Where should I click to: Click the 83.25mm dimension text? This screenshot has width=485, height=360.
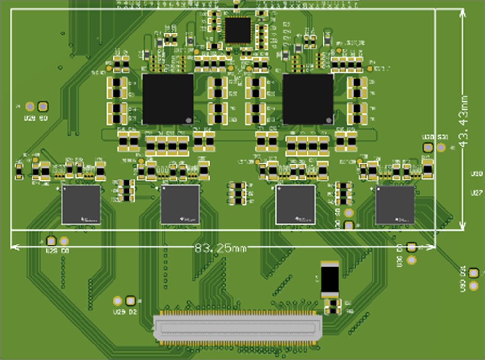[x=221, y=248]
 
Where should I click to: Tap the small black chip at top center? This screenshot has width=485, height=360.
[x=238, y=30]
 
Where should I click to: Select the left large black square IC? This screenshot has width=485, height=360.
[x=168, y=99]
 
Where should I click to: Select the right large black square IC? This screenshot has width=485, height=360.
[x=308, y=99]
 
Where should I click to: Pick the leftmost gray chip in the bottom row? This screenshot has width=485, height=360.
[x=81, y=204]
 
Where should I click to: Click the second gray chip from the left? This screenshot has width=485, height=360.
[x=180, y=204]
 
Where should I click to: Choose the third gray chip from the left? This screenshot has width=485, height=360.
[x=295, y=204]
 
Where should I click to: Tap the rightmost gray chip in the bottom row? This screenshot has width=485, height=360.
[x=395, y=205]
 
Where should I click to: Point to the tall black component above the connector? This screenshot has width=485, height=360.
[x=330, y=279]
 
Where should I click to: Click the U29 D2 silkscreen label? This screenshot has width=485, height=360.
[x=125, y=312]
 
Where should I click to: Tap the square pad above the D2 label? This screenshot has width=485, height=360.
[x=129, y=301]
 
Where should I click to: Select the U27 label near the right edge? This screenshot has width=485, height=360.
[x=477, y=193]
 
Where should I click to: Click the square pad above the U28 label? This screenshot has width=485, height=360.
[x=51, y=241]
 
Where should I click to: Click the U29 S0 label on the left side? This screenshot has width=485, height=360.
[x=36, y=118]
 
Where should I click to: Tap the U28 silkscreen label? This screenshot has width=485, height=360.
[x=51, y=251]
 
